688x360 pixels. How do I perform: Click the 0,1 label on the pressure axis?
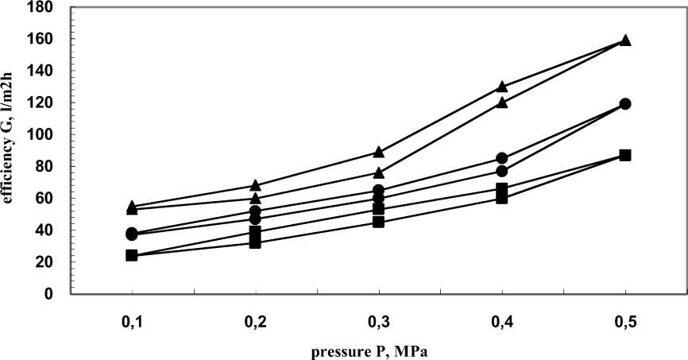coord(131,323)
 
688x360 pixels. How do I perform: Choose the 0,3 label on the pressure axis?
coord(378,323)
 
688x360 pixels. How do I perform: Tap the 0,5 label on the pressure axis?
coord(625,323)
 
